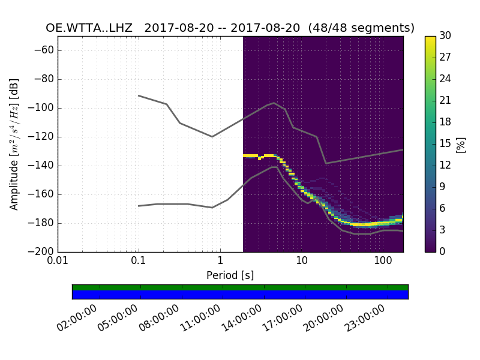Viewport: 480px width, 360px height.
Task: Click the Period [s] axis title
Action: pyautogui.click(x=230, y=275)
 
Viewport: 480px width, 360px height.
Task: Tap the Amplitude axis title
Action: pyautogui.click(x=14, y=144)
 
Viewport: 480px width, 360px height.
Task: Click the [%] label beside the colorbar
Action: pyautogui.click(x=461, y=144)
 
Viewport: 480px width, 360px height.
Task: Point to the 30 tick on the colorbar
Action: pyautogui.click(x=445, y=36)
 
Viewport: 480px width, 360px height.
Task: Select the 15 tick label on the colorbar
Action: pyautogui.click(x=445, y=144)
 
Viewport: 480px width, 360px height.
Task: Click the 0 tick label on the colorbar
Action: pyautogui.click(x=443, y=252)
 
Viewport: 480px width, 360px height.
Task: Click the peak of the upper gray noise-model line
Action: pyautogui.click(x=274, y=103)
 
